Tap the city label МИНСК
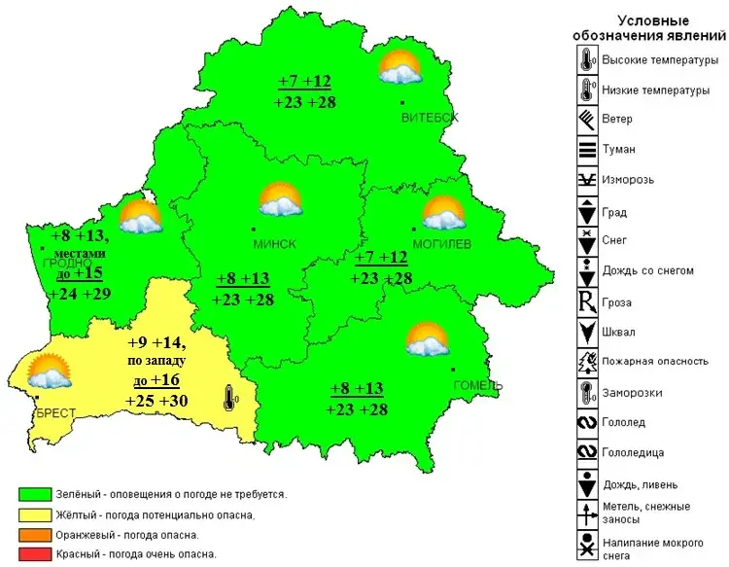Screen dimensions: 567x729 (x=274, y=244)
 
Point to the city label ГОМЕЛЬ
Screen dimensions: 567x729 (x=477, y=386)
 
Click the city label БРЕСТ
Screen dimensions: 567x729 (x=55, y=413)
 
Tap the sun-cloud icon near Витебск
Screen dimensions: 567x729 (x=399, y=67)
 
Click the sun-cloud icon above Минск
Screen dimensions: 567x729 (x=280, y=200)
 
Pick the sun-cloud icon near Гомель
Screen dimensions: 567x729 (x=426, y=339)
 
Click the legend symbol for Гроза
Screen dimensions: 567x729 (x=587, y=301)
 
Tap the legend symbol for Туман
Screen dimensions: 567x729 (x=587, y=150)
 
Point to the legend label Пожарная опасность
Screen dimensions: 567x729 (x=654, y=361)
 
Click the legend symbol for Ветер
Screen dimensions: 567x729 (x=587, y=120)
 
